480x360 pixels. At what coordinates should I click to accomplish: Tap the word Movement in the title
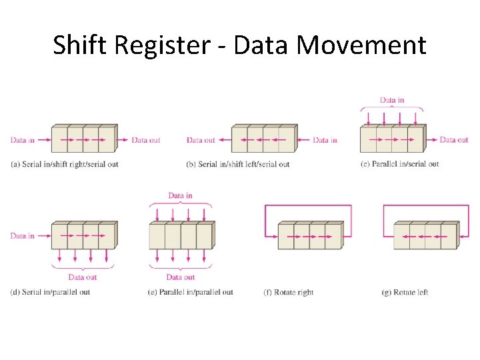[361, 45]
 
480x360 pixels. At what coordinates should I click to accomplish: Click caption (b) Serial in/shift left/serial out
[238, 164]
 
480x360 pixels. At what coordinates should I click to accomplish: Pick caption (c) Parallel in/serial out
[399, 164]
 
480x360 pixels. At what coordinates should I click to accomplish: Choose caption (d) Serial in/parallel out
[50, 292]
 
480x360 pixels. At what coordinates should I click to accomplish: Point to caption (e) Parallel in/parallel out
[191, 292]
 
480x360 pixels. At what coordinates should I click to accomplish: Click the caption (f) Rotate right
[289, 292]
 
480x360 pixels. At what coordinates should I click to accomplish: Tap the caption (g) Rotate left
[405, 292]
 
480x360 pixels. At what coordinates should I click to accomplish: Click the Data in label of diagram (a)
[22, 140]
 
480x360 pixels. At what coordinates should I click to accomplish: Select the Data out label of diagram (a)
[145, 140]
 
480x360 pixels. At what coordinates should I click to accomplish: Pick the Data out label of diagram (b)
[201, 140]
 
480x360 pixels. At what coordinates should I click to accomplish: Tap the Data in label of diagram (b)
[325, 140]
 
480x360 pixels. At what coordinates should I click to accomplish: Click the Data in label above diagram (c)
[392, 101]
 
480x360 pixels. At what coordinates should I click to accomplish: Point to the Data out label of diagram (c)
[454, 140]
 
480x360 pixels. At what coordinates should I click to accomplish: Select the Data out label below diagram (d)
[83, 277]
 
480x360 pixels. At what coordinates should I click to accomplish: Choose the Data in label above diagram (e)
[180, 196]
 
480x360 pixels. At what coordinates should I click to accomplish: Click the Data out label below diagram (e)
[180, 277]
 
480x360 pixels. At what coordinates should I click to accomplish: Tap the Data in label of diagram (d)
[22, 236]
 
